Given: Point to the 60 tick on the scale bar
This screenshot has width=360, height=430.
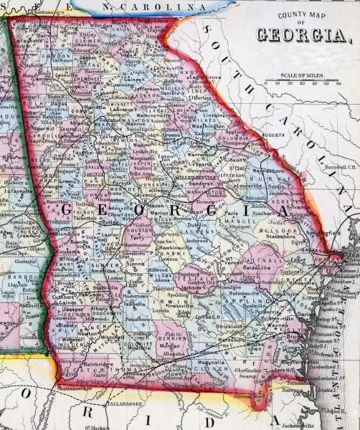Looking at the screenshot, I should (336, 83).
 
